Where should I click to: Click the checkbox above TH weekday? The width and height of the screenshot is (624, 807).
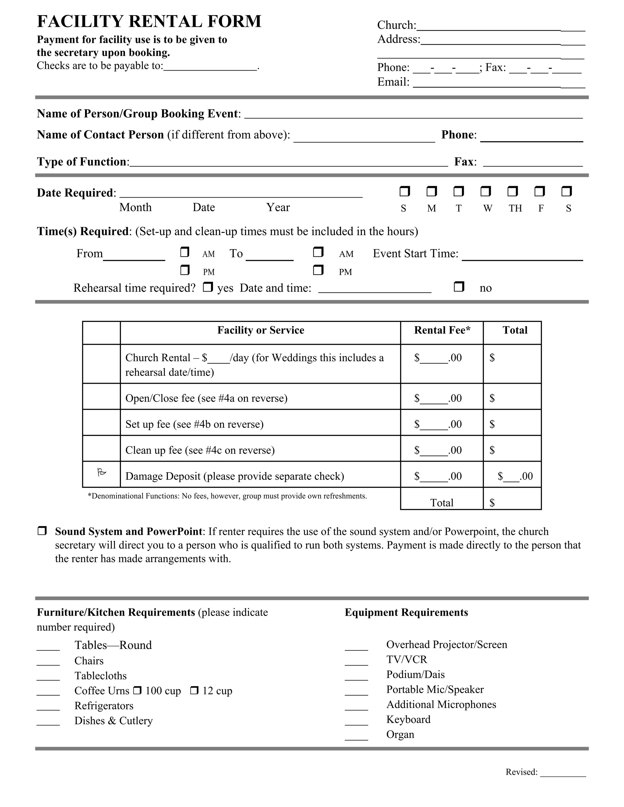[512, 192]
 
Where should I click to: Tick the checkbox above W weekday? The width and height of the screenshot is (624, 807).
[485, 192]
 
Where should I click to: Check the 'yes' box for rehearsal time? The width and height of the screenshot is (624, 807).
[208, 287]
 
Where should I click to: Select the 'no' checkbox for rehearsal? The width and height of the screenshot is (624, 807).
[459, 287]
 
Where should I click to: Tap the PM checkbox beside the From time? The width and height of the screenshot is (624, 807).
[185, 270]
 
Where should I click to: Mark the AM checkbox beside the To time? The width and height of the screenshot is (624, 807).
[318, 252]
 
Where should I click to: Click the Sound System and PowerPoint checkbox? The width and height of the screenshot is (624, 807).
[42, 531]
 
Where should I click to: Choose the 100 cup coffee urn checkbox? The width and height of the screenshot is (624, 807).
[137, 690]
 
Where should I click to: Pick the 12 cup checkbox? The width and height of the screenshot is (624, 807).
[194, 690]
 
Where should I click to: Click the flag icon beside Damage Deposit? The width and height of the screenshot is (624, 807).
[101, 473]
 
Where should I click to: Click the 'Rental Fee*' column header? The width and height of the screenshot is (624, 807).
[442, 330]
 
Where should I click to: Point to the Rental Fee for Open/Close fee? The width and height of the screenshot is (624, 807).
[438, 398]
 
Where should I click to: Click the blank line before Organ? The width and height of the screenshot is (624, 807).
[356, 737]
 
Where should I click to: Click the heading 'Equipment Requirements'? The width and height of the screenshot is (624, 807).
[406, 613]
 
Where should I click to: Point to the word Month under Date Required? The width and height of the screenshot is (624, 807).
[135, 208]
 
